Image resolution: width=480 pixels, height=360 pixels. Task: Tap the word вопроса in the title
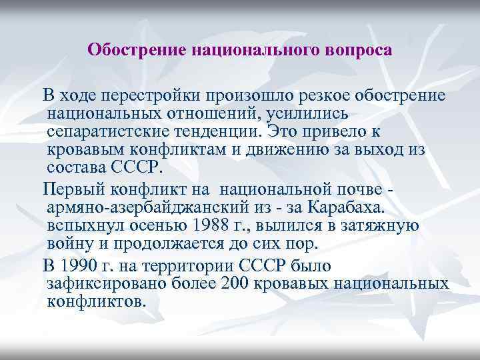pos(359,50)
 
